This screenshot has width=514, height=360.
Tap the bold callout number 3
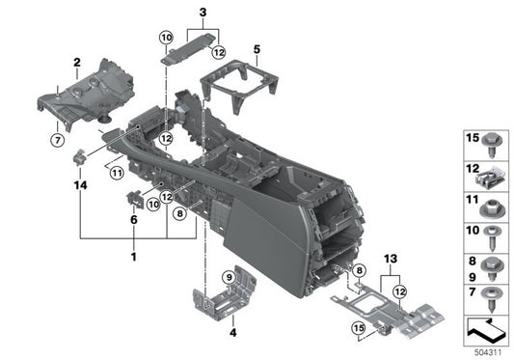click(203, 12)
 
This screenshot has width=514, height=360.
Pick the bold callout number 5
click(256, 48)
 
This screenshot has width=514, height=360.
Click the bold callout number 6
click(134, 219)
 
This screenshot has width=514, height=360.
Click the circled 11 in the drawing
click(116, 174)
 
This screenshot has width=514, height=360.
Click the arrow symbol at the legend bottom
click(485, 331)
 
